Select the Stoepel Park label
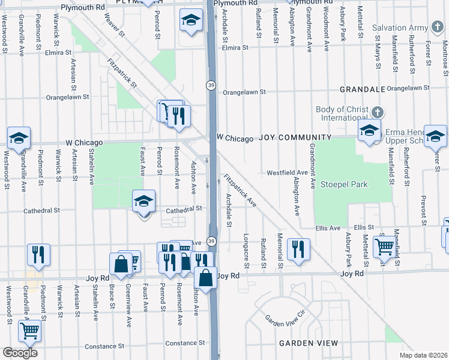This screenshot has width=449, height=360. [343, 184]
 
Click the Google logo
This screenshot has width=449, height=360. [20, 353]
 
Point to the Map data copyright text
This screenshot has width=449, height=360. [424, 355]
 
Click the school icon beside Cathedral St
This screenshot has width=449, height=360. [144, 201]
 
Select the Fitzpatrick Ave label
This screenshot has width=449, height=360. [240, 191]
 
